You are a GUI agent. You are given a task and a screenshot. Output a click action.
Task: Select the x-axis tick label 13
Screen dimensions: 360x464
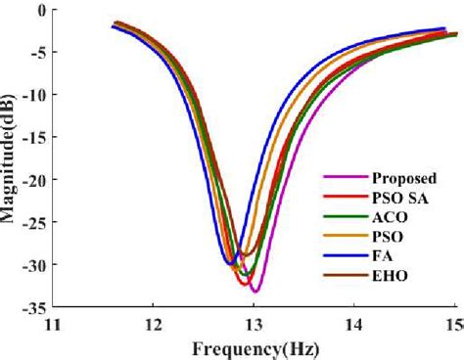254,326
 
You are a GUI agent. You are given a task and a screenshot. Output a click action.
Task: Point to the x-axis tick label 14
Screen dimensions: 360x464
354,326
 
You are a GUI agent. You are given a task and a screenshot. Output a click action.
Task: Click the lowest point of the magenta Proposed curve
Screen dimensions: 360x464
255,292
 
